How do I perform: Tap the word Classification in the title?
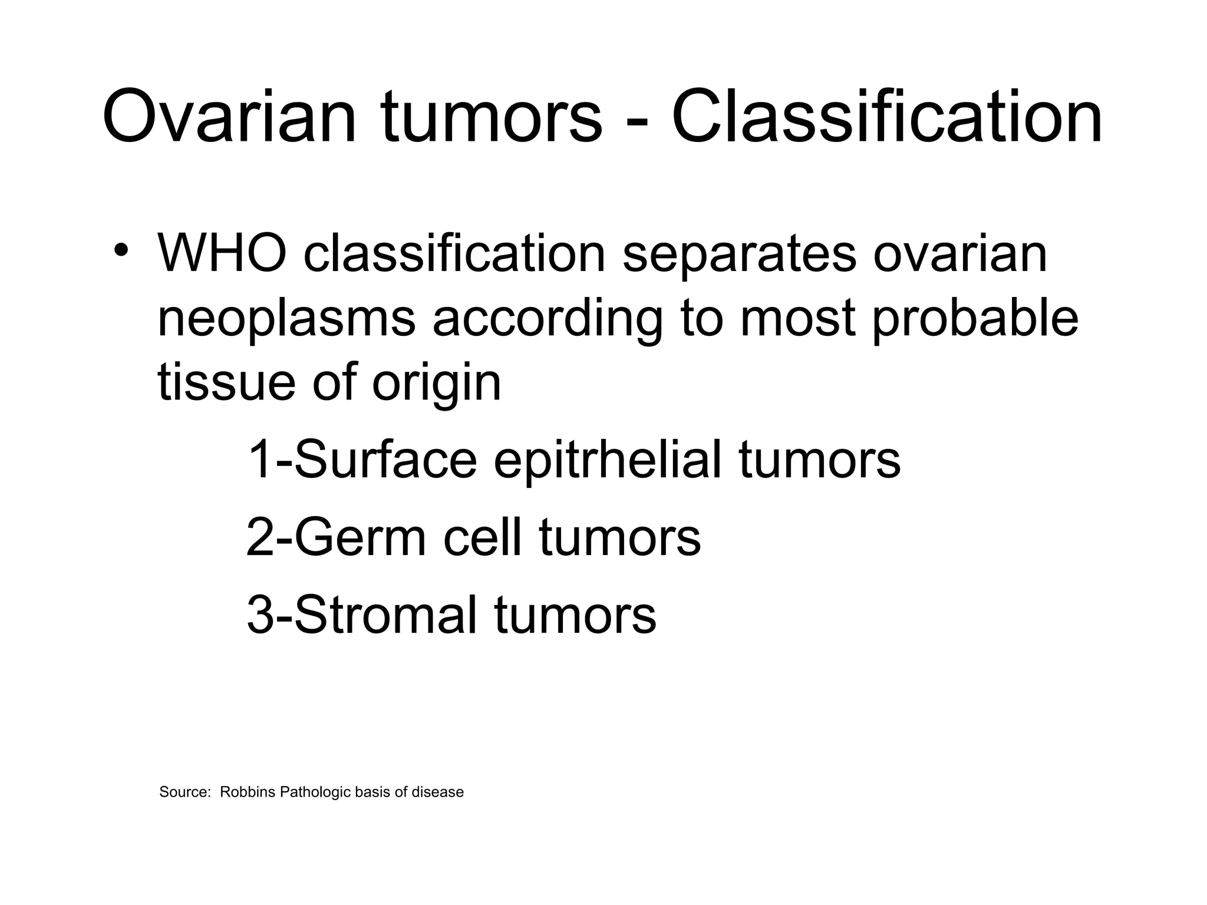pos(886,116)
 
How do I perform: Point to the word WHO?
pos(222,253)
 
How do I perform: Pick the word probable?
pos(975,319)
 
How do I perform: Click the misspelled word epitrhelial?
pos(607,460)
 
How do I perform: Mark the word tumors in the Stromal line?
pos(575,615)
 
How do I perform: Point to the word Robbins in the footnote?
pos(248,792)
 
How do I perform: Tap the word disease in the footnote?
pos(437,792)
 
